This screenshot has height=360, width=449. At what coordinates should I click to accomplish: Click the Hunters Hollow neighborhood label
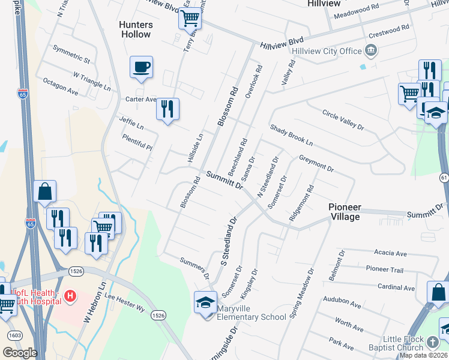(x=136, y=29)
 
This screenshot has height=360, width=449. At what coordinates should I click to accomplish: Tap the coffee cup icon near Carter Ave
(x=142, y=67)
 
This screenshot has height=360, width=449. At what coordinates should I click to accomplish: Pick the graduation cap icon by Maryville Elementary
(x=205, y=301)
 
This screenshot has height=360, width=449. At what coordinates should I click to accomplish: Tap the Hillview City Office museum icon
(x=371, y=50)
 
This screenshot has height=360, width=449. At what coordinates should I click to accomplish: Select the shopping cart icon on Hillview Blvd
(x=190, y=19)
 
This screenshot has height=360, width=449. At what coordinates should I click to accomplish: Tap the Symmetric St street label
(x=71, y=53)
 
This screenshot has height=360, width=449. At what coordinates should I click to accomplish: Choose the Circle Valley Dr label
(x=343, y=119)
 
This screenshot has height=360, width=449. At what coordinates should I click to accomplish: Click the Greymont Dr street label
(x=316, y=163)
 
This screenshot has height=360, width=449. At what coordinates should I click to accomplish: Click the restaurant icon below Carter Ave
(x=167, y=109)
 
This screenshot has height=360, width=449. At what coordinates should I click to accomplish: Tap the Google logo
(x=20, y=353)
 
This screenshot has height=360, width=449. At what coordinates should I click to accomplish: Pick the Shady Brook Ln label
(x=292, y=135)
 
